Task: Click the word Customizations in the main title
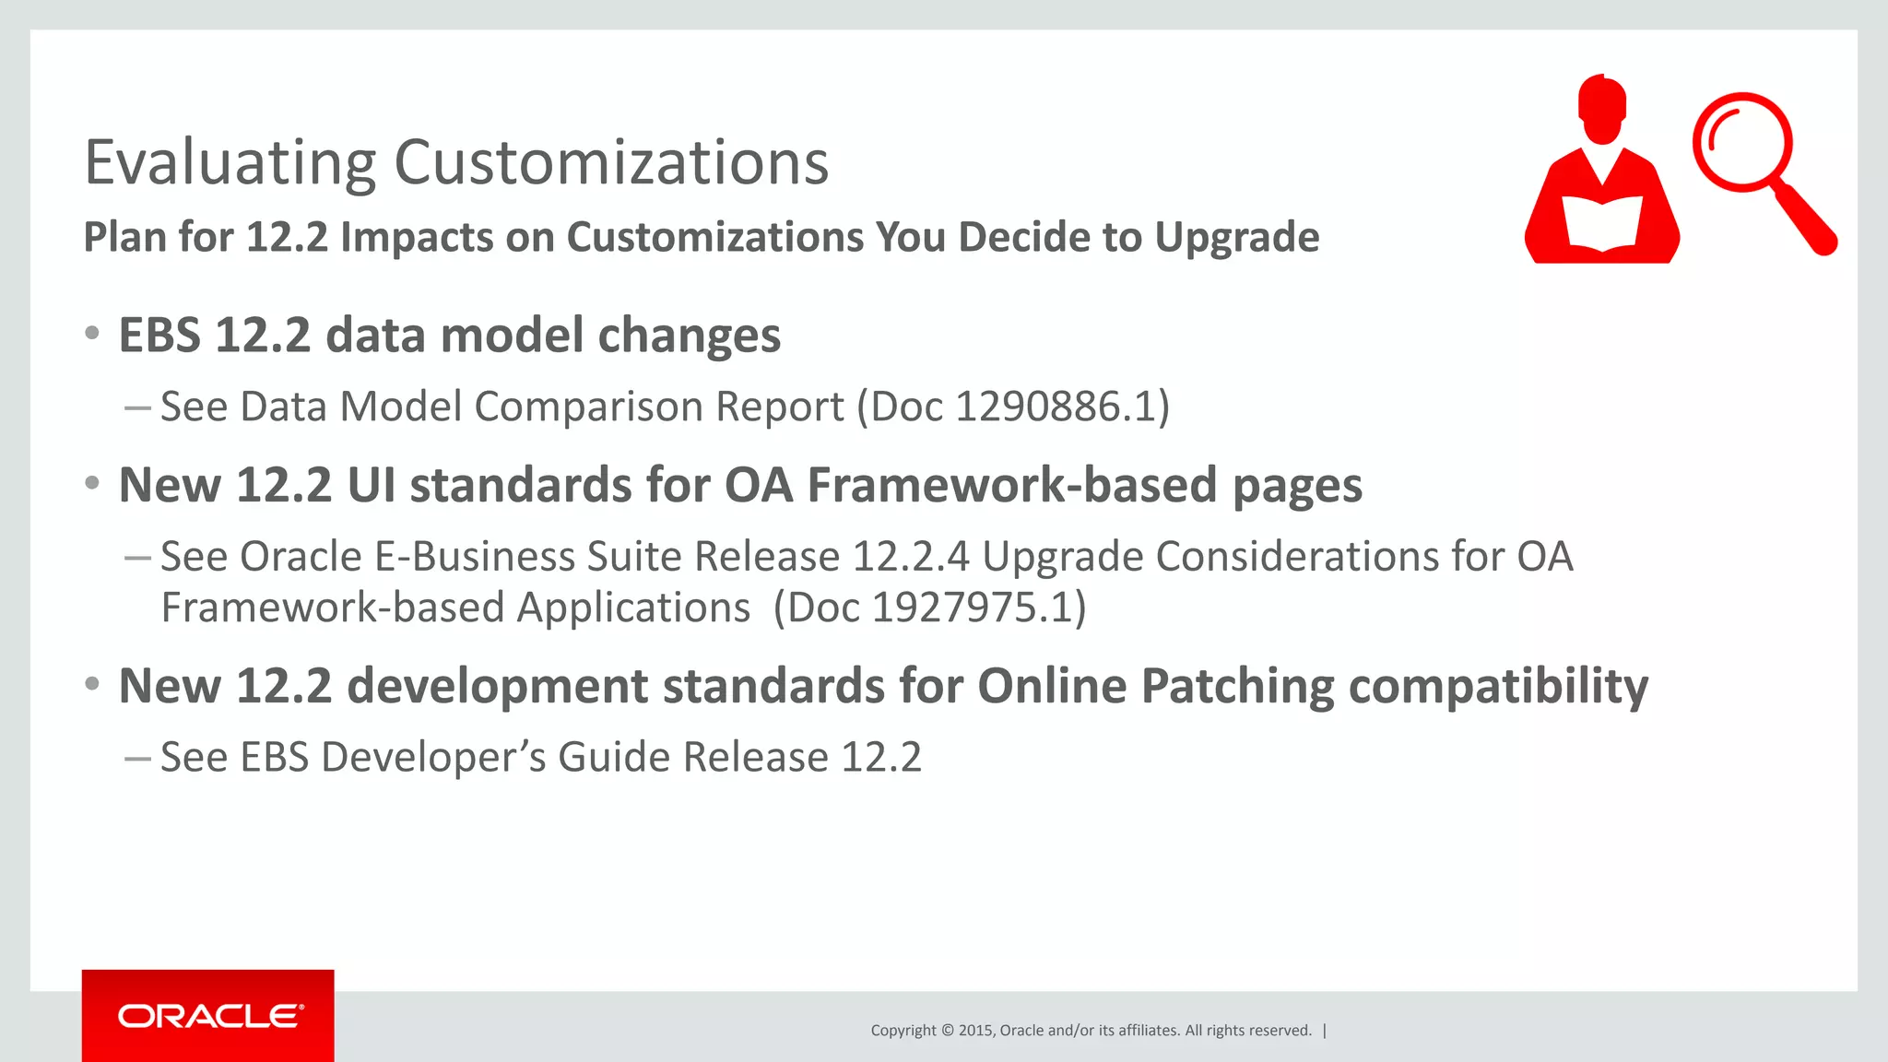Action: pos(611,163)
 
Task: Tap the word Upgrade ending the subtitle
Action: pos(1236,237)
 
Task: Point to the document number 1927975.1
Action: pos(973,608)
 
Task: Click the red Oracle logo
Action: pos(208,1016)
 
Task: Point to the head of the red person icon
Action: pos(1602,108)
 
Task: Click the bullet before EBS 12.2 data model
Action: pos(91,334)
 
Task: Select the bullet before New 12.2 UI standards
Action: pos(91,484)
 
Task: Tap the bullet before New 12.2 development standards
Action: pos(91,685)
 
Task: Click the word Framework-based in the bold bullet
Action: pos(1012,485)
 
